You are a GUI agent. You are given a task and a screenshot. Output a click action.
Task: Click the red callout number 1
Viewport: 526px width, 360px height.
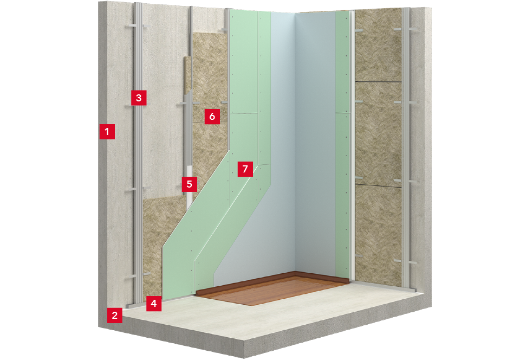coord(107,131)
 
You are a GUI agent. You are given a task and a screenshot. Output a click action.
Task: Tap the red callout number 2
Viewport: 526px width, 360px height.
coord(115,316)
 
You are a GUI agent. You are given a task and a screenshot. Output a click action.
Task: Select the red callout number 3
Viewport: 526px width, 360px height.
coord(139,98)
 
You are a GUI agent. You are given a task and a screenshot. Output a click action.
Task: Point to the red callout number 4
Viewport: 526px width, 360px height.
coord(154,304)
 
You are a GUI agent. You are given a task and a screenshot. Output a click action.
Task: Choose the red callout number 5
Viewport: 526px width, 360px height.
coord(189,184)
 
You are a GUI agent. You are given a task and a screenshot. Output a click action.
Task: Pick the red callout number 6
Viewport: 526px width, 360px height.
coord(212,117)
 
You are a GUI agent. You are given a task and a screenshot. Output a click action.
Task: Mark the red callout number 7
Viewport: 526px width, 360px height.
coord(245,169)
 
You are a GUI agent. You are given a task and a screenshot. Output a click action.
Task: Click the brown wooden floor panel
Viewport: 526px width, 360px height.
coord(272,288)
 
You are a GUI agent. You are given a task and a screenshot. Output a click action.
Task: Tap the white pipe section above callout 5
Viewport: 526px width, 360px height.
coord(189,171)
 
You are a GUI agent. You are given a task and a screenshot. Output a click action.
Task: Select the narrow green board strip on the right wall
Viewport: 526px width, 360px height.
coord(342,144)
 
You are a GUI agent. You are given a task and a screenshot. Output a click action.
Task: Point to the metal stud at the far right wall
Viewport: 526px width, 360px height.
coord(407,148)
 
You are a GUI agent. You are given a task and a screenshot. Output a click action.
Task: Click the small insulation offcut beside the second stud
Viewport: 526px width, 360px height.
coord(188,75)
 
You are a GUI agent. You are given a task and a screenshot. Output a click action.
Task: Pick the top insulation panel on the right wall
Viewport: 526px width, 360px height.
coord(379,46)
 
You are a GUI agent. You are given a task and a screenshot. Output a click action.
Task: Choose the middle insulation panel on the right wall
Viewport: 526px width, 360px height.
coord(379,133)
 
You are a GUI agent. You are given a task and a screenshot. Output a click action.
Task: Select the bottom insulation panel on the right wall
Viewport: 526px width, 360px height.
coord(379,235)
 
